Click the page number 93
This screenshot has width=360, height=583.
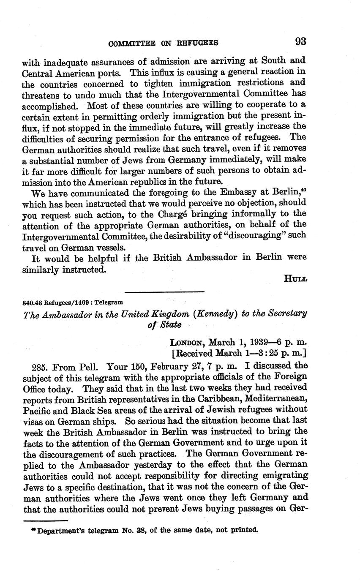pyautogui.click(x=300, y=41)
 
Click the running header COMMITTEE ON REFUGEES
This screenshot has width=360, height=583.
pyautogui.click(x=163, y=43)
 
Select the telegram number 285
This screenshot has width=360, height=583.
pyautogui.click(x=40, y=365)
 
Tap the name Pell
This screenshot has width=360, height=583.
pyautogui.click(x=88, y=365)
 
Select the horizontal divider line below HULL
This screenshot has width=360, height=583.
pyautogui.click(x=164, y=291)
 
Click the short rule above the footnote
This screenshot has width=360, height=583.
pyautogui.click(x=45, y=520)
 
